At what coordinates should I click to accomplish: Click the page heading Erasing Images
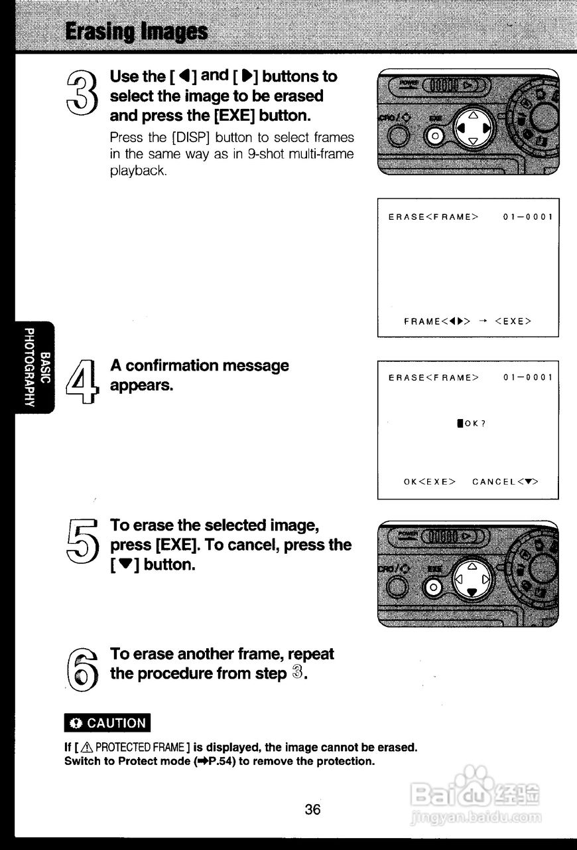click(136, 31)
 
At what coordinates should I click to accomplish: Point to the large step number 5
click(83, 541)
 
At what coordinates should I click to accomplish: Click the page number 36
click(313, 809)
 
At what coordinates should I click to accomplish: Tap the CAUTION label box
click(107, 723)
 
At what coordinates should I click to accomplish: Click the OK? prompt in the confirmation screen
click(472, 423)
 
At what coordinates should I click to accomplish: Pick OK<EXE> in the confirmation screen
click(429, 481)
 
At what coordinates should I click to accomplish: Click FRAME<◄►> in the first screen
click(437, 321)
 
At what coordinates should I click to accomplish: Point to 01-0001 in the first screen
click(528, 217)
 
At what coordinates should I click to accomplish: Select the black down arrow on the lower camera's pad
click(472, 592)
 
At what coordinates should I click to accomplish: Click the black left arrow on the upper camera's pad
click(459, 127)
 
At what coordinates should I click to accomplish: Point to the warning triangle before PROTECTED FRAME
click(89, 747)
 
